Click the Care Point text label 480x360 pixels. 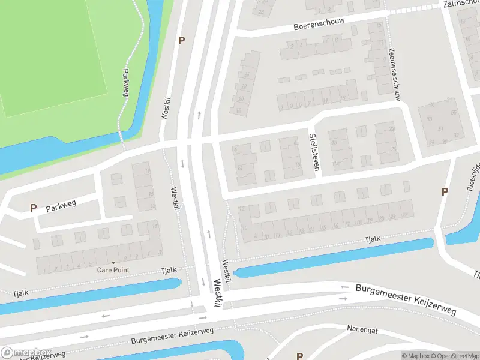tap(113, 270)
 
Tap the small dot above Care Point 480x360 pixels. tap(113, 263)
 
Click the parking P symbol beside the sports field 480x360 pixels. tap(181, 40)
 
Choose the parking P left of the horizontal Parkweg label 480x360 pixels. tap(33, 208)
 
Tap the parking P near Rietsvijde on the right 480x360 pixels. tap(445, 191)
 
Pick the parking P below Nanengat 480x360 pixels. tap(299, 356)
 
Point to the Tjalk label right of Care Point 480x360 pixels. tap(169, 270)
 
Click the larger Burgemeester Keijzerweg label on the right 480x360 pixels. tap(406, 299)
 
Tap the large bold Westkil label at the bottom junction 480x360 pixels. tap(216, 297)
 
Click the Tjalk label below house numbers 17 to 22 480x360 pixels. tap(373, 239)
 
